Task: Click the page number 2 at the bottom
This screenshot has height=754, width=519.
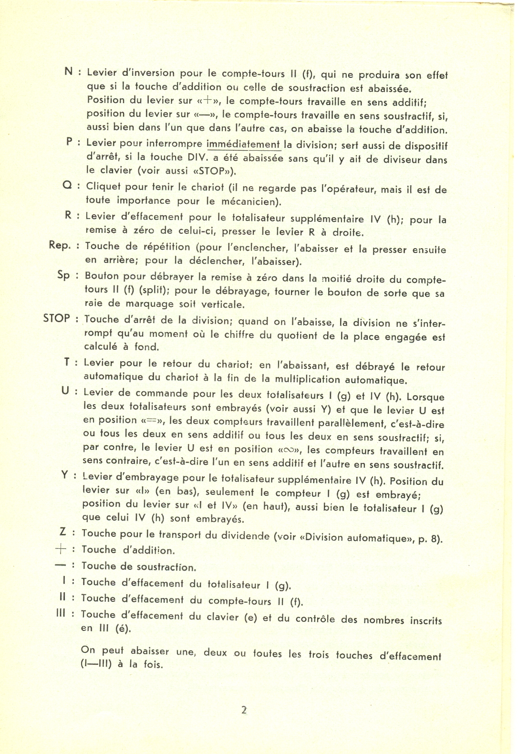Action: (244, 710)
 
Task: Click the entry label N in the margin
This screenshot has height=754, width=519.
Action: (69, 71)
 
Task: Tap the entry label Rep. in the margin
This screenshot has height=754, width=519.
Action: (60, 245)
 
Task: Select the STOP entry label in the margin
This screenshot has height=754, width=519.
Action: (56, 318)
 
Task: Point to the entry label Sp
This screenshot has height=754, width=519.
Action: (63, 275)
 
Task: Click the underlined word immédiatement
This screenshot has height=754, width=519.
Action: (243, 145)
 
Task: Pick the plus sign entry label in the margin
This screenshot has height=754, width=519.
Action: (61, 549)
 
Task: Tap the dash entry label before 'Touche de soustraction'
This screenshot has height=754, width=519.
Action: (61, 565)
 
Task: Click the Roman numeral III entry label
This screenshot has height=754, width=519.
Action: (61, 614)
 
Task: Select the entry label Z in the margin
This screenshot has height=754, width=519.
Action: (63, 533)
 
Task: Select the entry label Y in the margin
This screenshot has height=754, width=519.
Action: (64, 475)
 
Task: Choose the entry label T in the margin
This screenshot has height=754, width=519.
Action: (67, 362)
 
